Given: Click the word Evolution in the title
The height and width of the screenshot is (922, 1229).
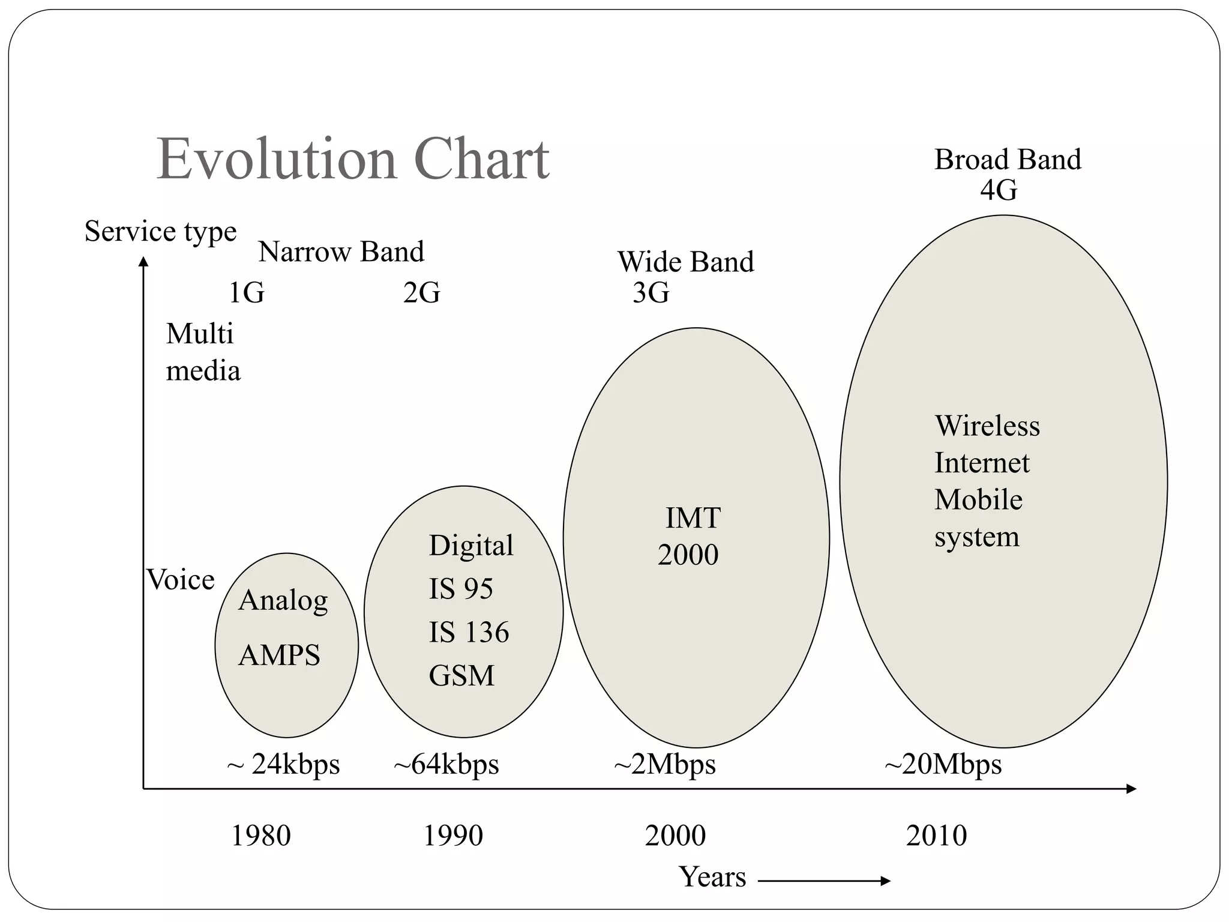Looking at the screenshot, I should (x=277, y=159).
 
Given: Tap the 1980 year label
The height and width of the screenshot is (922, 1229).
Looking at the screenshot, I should (x=261, y=836).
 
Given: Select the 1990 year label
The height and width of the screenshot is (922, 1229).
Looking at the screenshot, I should (x=453, y=836).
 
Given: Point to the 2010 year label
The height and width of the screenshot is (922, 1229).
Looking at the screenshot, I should (x=936, y=836).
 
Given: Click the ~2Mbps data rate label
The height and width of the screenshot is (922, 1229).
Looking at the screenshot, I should (x=665, y=765).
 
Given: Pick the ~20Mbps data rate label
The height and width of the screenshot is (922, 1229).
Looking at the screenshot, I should (x=943, y=765).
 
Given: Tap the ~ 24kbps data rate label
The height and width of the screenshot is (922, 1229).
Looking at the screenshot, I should (x=283, y=765).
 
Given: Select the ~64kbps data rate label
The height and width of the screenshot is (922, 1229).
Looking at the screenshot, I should (x=446, y=765).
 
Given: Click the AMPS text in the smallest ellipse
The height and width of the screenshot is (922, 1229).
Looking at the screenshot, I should (x=279, y=655).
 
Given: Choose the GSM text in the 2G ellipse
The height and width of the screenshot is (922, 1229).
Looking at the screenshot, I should (x=461, y=676).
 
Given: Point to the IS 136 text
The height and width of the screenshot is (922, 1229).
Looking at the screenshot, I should (x=469, y=632).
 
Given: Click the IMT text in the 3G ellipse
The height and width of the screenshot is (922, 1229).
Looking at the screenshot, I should (x=693, y=518).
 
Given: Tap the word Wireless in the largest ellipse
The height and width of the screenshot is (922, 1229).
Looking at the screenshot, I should (x=987, y=426).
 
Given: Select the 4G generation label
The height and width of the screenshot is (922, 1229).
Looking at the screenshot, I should (x=999, y=191).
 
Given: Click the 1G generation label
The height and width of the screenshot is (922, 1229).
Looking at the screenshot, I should (x=247, y=293).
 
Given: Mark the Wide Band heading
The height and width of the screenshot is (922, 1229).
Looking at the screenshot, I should (x=685, y=262).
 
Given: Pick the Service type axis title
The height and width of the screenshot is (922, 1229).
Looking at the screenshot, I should (x=160, y=231).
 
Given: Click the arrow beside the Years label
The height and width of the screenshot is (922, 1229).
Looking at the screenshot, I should (x=825, y=881).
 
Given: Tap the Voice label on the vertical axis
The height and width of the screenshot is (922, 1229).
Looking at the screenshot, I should (x=181, y=580).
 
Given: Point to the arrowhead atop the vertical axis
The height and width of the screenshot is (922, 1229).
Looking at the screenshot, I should (x=143, y=262).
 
